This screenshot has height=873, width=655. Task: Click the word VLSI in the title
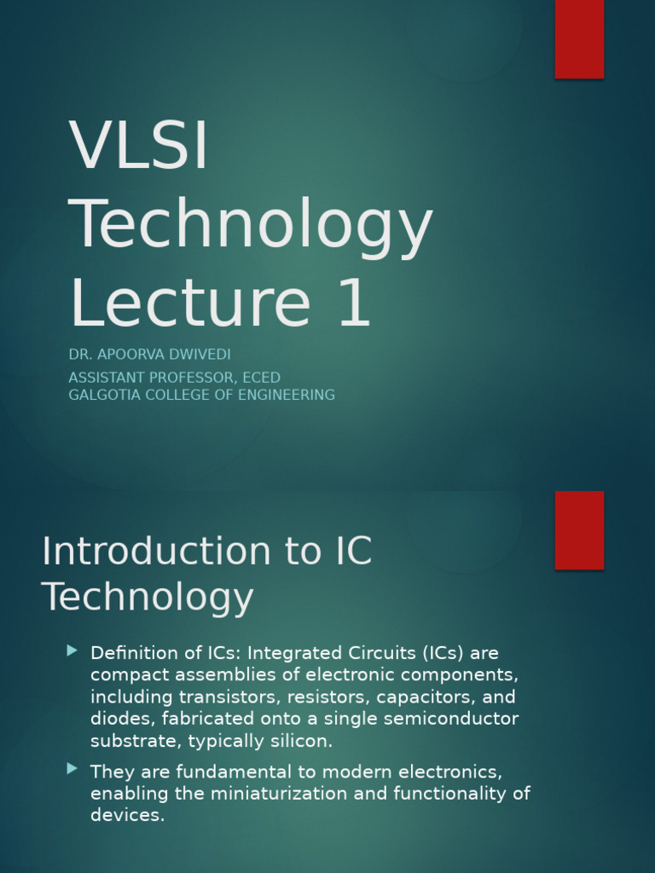coord(139,146)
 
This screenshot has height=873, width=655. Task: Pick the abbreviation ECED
coord(261,378)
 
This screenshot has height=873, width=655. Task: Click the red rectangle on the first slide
coord(579,39)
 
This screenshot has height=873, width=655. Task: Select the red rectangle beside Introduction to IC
coord(579,529)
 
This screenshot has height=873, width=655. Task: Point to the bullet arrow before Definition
coord(72,651)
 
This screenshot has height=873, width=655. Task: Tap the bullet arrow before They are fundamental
coord(72,769)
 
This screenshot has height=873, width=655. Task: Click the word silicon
coord(303,742)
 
